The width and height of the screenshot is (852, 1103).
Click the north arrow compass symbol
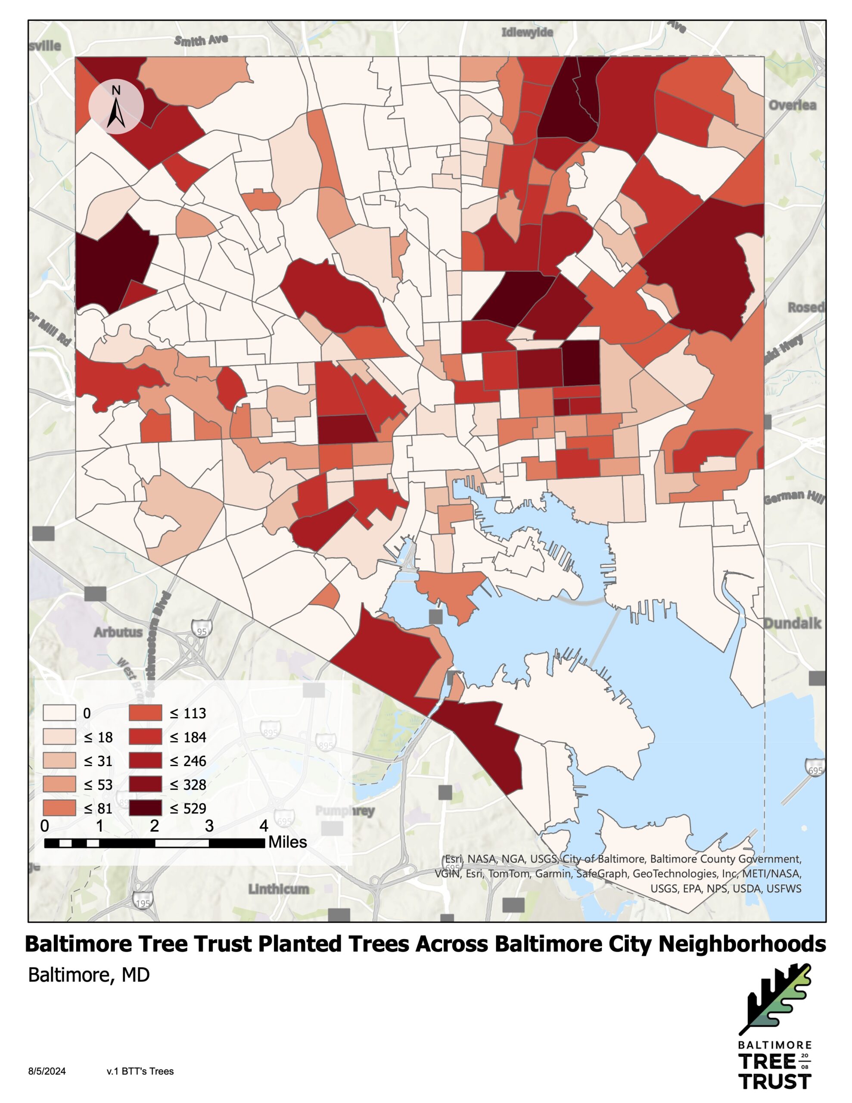coord(116,107)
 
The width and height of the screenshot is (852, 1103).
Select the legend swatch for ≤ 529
coord(146,808)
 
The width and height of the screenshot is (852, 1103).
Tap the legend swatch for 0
coord(59,713)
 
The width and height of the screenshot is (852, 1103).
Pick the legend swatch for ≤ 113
coord(146,713)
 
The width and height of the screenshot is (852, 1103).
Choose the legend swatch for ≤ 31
coord(59,760)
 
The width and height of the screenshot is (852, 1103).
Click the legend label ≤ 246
coord(188,760)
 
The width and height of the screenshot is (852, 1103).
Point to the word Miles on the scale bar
coord(287,842)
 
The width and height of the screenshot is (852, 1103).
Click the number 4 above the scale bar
coord(264,826)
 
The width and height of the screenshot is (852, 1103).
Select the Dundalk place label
coord(792,623)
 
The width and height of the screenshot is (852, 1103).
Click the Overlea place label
coord(792,105)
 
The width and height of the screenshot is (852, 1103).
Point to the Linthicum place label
coord(278,889)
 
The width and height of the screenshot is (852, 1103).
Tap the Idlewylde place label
coord(527,32)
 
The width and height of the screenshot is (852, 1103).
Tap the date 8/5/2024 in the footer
coord(47,1071)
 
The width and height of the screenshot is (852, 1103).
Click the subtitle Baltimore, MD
coord(89,975)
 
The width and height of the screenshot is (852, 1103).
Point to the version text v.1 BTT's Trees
coord(140,1071)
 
